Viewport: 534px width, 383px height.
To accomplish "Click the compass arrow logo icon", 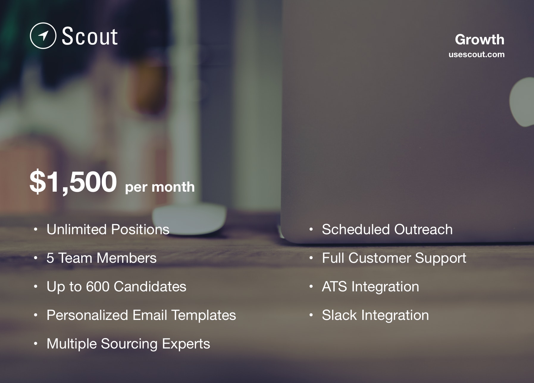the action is (43, 36).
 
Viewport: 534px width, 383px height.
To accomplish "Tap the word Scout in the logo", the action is (90, 36).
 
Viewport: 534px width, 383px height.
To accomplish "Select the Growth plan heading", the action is (480, 40).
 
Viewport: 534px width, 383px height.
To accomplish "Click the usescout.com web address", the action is (477, 54).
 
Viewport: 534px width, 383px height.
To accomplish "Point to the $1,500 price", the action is (73, 182).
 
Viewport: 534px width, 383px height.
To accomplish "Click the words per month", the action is (160, 187).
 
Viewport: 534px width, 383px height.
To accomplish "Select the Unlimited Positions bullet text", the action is (108, 229).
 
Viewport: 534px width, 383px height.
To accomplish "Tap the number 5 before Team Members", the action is (50, 258).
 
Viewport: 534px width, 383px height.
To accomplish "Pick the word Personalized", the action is (87, 315).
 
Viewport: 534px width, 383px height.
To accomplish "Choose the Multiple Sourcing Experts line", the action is (129, 344).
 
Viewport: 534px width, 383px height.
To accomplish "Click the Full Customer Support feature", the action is (394, 258).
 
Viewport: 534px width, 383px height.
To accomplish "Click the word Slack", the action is (339, 315).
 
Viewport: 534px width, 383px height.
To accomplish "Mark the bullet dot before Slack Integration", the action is (311, 315).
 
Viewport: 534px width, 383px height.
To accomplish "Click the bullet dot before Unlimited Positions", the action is (36, 229).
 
